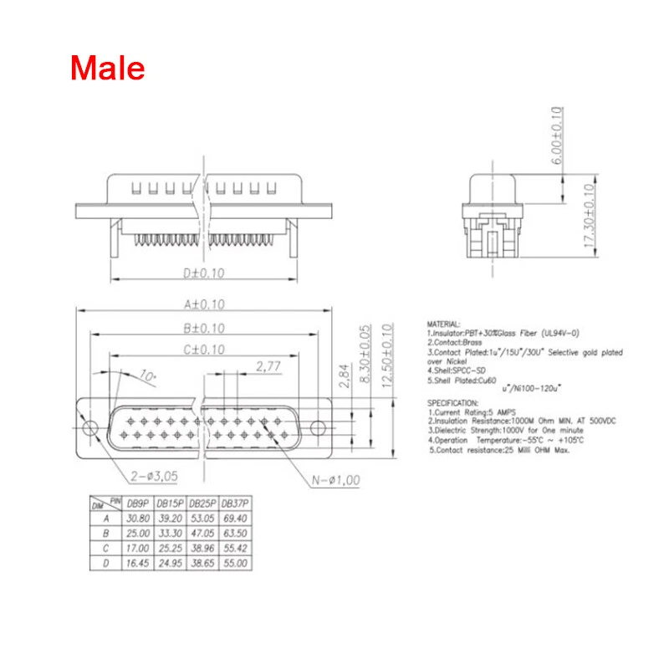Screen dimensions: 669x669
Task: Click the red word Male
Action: coord(107,68)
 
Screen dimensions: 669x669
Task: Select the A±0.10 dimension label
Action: coord(202,305)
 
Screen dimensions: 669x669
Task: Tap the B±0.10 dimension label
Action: coord(202,329)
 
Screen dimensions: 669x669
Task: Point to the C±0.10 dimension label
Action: coord(202,350)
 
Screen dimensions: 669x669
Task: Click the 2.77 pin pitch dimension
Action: coord(268,366)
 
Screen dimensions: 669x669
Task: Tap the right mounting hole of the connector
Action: coord(317,428)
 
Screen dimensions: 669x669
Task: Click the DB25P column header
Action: coord(202,504)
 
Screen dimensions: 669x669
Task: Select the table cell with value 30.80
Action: coord(137,518)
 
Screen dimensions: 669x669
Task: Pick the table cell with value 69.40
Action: coord(235,518)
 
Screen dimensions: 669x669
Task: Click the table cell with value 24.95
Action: coord(170,564)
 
